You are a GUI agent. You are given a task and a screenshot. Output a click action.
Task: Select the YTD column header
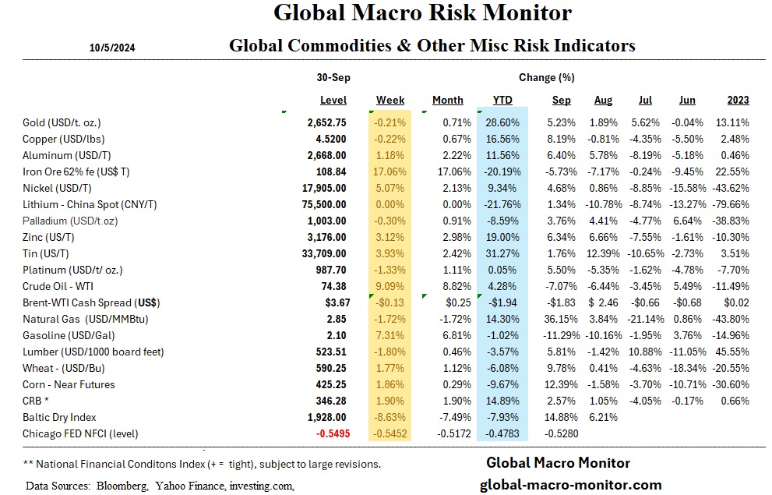502,100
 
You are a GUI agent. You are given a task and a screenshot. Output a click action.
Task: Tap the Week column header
390,100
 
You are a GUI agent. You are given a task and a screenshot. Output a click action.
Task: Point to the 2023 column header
738,100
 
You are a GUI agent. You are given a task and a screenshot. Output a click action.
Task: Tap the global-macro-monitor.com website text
569,484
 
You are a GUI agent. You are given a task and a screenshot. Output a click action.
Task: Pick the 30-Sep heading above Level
333,77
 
